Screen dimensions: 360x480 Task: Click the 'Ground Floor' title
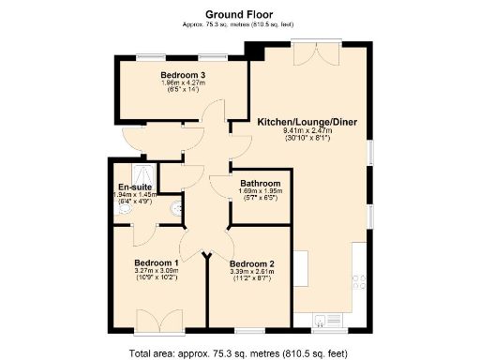pyautogui.click(x=239, y=15)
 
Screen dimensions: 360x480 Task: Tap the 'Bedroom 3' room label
pyautogui.click(x=183, y=75)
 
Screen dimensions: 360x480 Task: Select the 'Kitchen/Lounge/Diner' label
pyautogui.click(x=307, y=122)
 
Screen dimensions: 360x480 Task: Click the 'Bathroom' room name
pyautogui.click(x=260, y=183)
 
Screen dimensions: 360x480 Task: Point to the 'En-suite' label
pyautogui.click(x=133, y=187)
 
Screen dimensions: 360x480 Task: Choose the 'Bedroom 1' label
pyautogui.click(x=157, y=262)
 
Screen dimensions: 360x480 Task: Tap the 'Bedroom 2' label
pyautogui.click(x=251, y=263)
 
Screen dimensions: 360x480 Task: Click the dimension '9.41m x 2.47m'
pyautogui.click(x=307, y=131)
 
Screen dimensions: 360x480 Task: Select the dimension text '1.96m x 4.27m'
pyautogui.click(x=183, y=83)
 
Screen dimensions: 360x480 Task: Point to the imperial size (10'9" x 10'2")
pyautogui.click(x=157, y=278)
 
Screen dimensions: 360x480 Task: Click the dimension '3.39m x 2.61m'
pyautogui.click(x=251, y=272)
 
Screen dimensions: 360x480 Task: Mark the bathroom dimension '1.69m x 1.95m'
pyautogui.click(x=260, y=191)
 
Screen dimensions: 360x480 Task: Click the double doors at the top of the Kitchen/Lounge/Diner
pyautogui.click(x=309, y=54)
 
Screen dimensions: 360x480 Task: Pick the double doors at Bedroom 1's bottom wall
pyautogui.click(x=158, y=320)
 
